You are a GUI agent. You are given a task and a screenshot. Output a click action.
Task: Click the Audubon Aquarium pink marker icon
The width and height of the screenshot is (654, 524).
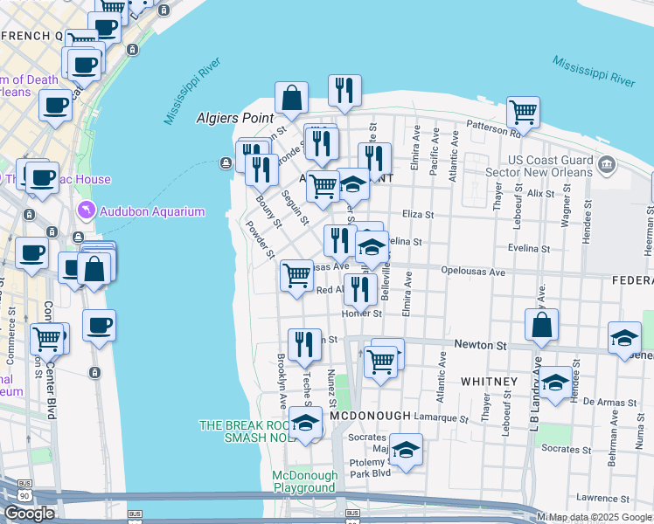tap(85, 210)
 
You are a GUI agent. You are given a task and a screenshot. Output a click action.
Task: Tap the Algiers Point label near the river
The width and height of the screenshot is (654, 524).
tap(234, 116)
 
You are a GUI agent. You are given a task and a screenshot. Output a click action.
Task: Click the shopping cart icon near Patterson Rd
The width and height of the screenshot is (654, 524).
tap(523, 112)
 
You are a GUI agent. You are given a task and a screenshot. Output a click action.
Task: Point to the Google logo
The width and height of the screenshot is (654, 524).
tap(29, 513)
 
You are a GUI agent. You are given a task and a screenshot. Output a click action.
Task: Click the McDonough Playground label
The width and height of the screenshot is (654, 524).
tap(304, 481)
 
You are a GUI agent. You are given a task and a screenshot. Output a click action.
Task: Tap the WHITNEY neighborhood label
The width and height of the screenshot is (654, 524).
tap(486, 382)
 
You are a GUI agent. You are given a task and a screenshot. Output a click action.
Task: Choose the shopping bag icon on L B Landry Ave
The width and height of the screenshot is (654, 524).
tap(542, 325)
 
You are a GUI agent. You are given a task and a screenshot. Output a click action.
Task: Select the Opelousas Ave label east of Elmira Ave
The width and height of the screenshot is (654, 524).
tap(473, 272)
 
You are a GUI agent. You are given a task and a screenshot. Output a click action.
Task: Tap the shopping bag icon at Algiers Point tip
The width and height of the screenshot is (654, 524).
tap(291, 99)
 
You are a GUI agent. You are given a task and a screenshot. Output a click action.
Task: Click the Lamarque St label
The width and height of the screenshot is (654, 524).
tap(442, 418)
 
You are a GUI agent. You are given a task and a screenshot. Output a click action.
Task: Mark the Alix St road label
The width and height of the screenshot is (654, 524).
tap(540, 192)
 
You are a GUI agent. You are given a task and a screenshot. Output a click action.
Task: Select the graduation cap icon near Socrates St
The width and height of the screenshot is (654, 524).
tap(406, 451)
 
